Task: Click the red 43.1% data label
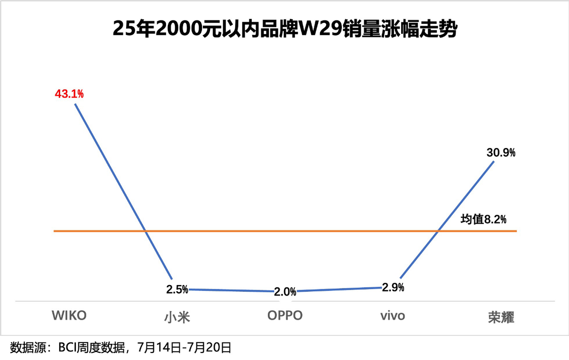pyautogui.click(x=69, y=94)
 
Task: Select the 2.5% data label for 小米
pyautogui.click(x=177, y=289)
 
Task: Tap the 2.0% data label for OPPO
pyautogui.click(x=285, y=292)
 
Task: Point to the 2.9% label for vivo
pyautogui.click(x=393, y=287)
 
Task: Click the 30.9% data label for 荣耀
pyautogui.click(x=501, y=153)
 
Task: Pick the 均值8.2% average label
pyautogui.click(x=483, y=219)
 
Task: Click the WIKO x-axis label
pyautogui.click(x=69, y=316)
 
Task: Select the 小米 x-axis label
pyautogui.click(x=177, y=316)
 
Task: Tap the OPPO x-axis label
pyautogui.click(x=284, y=316)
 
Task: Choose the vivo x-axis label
pyautogui.click(x=393, y=316)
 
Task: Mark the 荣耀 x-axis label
pyautogui.click(x=501, y=316)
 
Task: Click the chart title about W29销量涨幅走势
pyautogui.click(x=284, y=29)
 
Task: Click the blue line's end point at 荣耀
pyautogui.click(x=494, y=161)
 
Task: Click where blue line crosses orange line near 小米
pyautogui.click(x=146, y=231)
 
